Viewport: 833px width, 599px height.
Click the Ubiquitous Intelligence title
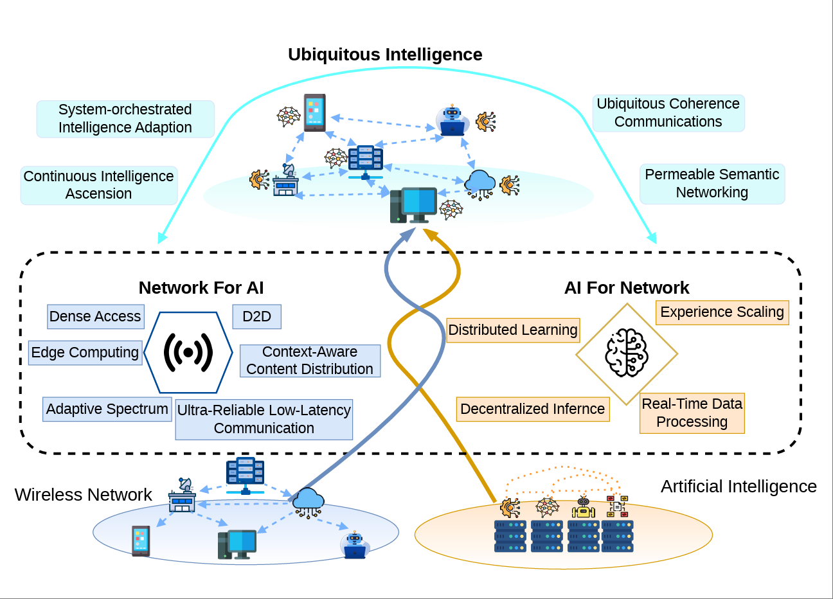pos(385,55)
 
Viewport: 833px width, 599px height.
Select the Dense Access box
pos(96,316)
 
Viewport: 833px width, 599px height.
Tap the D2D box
pos(256,316)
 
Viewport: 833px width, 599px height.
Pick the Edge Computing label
pos(85,352)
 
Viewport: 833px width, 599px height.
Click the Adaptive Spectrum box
pos(107,409)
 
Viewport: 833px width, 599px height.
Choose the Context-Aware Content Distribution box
pos(310,361)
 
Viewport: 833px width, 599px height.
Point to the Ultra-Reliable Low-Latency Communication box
pos(264,419)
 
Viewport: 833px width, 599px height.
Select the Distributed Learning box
pos(513,330)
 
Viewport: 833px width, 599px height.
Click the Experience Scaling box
pos(722,312)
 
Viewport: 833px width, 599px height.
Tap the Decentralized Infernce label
pos(532,409)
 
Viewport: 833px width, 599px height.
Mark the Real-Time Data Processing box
pos(692,413)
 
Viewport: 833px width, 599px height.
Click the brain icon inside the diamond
pos(627,353)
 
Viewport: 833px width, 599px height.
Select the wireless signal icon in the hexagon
pos(188,352)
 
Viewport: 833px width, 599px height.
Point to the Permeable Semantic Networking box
pos(712,183)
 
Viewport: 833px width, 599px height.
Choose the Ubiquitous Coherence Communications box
pos(668,112)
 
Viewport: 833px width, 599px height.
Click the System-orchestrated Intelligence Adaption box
pos(125,118)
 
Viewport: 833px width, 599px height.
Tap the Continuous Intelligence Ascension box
pos(99,185)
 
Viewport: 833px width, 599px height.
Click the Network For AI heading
pos(201,287)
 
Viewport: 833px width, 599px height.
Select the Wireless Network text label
pos(83,494)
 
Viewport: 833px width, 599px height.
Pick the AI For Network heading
pos(626,287)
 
